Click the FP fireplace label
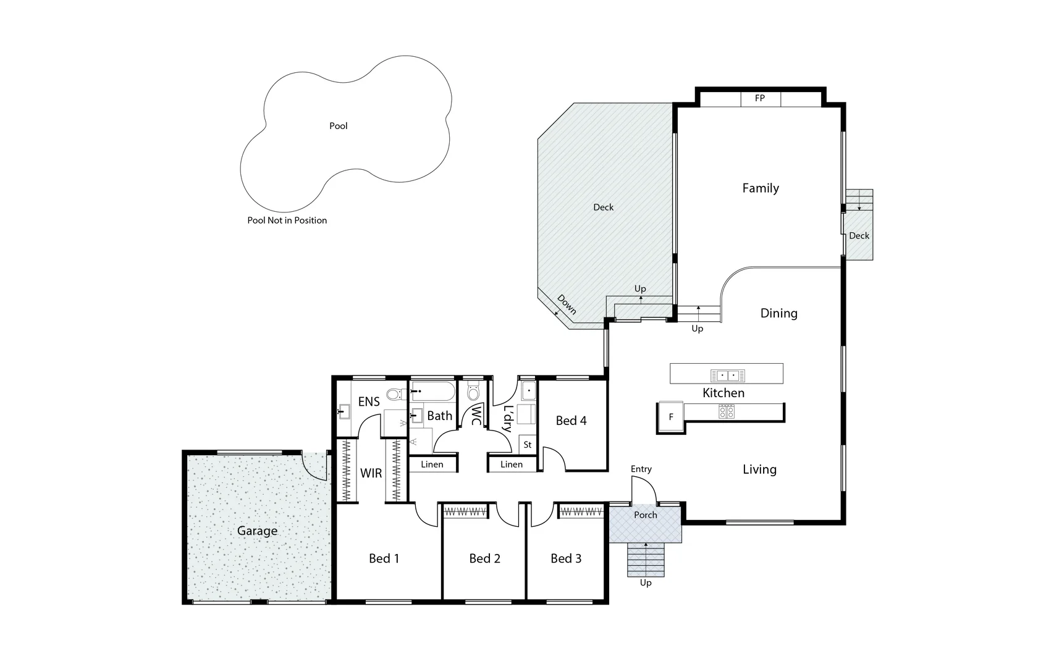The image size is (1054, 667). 760,98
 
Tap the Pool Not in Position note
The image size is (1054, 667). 287,220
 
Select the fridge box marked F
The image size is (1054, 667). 671,417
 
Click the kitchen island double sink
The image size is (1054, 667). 727,375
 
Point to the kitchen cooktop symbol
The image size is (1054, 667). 727,411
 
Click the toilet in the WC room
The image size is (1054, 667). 473,392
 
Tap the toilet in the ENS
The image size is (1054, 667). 394,394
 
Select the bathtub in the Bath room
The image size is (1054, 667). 432,391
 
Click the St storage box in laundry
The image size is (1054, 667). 527,445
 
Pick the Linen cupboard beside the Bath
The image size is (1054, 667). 432,464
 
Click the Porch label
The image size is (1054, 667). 645,515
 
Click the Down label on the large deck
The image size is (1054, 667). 567,304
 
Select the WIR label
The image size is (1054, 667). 371,474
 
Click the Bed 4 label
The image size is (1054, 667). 571,421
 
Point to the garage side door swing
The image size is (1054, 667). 314,466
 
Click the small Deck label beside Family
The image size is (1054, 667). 859,236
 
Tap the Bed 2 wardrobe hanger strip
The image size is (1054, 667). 465,511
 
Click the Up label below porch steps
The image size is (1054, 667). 646,583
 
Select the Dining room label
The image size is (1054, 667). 778,314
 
